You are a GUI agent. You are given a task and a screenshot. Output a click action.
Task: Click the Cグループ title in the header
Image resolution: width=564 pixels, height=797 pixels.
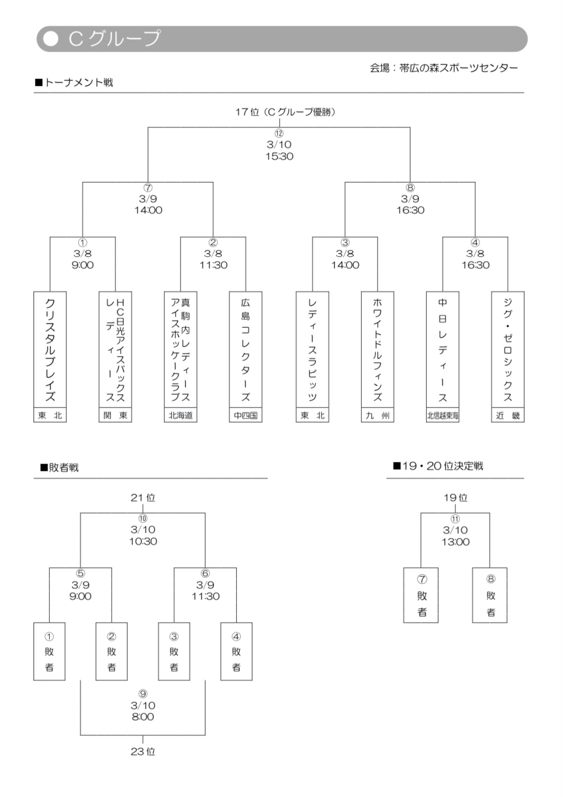point(114,39)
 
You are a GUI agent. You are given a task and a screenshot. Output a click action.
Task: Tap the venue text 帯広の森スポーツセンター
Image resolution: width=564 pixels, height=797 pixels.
point(459,68)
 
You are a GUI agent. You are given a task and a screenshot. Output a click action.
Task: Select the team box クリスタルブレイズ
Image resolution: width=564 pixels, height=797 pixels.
point(50,349)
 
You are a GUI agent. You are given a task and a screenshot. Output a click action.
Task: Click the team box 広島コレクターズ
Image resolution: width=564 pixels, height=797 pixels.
point(246,349)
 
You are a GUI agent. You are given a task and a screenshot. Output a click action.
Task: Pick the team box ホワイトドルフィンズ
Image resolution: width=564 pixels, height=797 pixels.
point(377,349)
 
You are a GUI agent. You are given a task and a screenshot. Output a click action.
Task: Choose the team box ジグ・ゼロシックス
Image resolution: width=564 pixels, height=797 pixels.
point(508,349)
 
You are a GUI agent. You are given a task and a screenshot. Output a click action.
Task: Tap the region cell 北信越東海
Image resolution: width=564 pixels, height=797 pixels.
point(442,415)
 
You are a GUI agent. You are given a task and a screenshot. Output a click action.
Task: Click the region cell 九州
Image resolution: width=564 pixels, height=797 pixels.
point(377,415)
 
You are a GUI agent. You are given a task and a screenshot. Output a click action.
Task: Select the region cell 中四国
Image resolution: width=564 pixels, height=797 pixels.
point(246,415)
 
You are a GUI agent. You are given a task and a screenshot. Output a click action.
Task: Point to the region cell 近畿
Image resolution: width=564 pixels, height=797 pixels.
point(508,415)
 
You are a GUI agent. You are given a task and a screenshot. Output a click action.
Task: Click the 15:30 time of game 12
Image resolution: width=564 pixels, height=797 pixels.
point(279,156)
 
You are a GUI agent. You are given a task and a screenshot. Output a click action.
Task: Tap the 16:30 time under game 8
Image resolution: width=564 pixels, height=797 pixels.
point(410,210)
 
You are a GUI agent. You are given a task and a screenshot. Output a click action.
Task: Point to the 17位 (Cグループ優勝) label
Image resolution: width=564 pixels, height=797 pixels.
point(285,112)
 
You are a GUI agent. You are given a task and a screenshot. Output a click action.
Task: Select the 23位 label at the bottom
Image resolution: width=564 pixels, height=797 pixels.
point(143,752)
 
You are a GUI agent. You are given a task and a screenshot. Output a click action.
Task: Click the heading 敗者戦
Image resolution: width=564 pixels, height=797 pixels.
point(63,467)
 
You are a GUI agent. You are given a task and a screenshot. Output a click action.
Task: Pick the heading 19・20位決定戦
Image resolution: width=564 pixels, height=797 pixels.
point(442,466)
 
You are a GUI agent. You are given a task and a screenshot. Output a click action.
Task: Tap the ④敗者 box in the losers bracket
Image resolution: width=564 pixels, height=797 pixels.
point(236,651)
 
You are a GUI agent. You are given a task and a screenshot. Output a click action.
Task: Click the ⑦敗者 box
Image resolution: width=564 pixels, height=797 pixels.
point(421,595)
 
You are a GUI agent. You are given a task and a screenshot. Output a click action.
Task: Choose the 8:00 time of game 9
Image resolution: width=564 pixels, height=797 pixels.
point(143,717)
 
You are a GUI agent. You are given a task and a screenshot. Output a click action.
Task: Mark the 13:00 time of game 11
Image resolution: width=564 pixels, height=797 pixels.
point(455,542)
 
